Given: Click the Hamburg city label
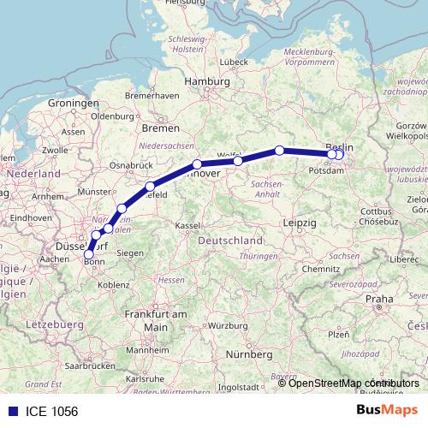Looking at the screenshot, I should [202, 83].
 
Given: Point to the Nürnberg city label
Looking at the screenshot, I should [247, 354].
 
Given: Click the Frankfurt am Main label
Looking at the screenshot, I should [156, 320].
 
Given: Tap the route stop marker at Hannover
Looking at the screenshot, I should [197, 164].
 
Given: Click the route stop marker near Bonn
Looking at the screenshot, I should [89, 253].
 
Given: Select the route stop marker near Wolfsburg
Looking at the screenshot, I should [238, 160].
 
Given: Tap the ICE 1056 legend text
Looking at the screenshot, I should [50, 411].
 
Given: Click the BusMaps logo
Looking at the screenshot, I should [386, 410].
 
